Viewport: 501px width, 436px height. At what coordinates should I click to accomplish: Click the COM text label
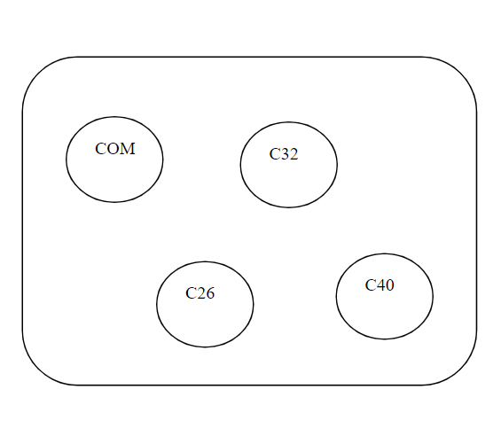[x=115, y=149]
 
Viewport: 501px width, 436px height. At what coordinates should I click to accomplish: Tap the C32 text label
[x=284, y=154]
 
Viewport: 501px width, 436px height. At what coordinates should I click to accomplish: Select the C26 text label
[x=200, y=293]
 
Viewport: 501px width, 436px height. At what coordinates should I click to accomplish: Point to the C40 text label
[x=380, y=285]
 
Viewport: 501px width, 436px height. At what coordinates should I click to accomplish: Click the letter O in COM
[x=114, y=149]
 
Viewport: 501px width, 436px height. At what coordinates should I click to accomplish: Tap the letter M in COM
[x=128, y=149]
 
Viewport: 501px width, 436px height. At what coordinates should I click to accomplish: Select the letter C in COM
[x=101, y=149]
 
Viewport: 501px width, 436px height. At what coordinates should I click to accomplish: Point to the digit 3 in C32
[x=285, y=154]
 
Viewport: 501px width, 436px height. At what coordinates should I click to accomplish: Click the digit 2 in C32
[x=294, y=154]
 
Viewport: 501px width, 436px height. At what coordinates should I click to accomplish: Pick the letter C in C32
[x=275, y=154]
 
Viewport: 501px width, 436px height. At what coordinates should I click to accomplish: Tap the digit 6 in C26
[x=210, y=293]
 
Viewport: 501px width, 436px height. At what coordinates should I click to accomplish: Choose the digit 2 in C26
[x=201, y=293]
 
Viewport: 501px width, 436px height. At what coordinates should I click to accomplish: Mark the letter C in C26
[x=191, y=293]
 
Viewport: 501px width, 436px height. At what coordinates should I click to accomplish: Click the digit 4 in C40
[x=381, y=285]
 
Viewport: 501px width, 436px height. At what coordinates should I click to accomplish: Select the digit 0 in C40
[x=390, y=285]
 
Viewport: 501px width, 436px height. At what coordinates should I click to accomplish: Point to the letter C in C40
[x=371, y=285]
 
